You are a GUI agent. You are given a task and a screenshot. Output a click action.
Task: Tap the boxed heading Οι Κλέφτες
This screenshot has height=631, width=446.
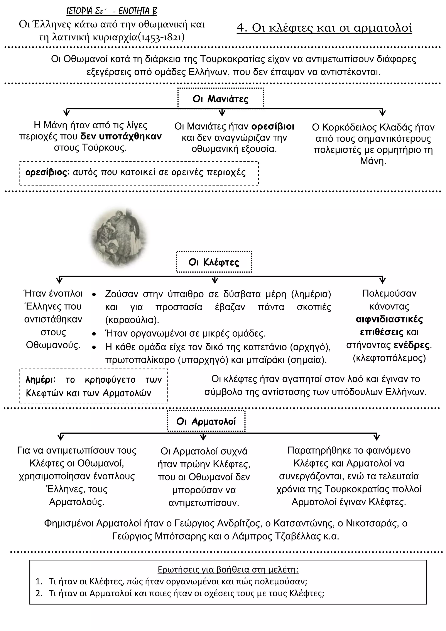[214, 262]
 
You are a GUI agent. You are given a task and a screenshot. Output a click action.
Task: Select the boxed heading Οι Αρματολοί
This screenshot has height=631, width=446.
[206, 421]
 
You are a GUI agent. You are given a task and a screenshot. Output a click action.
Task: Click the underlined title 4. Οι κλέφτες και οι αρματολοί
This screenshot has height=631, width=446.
[324, 28]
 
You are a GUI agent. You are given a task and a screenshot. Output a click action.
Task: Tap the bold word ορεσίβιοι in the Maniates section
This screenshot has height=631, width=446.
[273, 126]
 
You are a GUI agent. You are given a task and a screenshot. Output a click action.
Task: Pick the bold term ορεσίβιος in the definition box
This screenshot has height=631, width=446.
[46, 173]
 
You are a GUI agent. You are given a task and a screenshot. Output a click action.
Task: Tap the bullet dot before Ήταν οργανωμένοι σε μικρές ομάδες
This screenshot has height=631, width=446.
[94, 334]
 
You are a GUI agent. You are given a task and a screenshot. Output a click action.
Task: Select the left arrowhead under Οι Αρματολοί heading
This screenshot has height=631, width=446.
[61, 437]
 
